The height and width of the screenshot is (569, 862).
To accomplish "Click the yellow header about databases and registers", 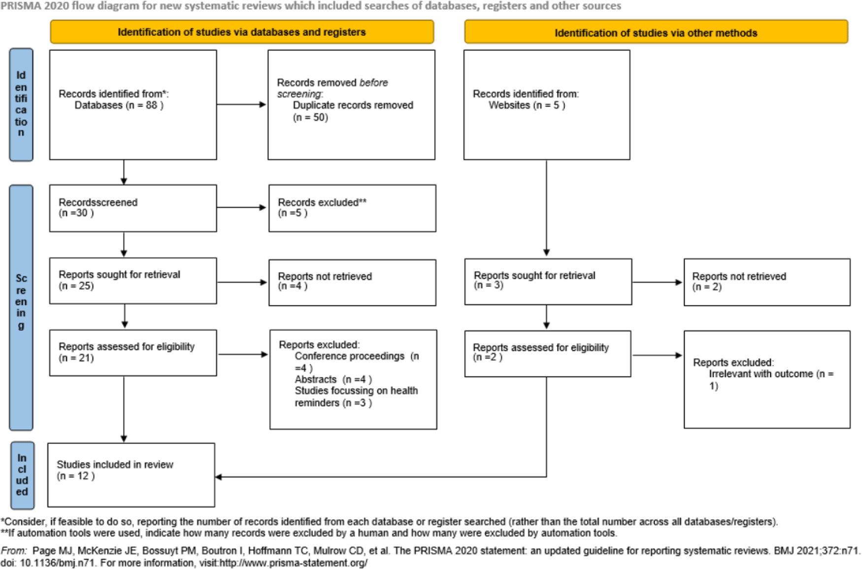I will tap(241, 32).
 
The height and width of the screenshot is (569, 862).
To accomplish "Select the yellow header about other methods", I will tap(656, 33).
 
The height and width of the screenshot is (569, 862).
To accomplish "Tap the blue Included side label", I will tap(22, 475).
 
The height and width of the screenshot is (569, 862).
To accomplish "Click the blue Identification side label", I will tap(21, 104).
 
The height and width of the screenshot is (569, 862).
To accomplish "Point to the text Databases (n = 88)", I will tap(119, 105).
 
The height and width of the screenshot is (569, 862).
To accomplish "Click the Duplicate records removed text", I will tap(353, 105).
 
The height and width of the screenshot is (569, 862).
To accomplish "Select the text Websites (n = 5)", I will tap(527, 105).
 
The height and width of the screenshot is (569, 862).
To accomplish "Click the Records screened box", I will tap(133, 208).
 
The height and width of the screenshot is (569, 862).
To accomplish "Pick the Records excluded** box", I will tap(352, 208).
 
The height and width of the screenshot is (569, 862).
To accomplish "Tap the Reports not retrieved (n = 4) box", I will tap(352, 282).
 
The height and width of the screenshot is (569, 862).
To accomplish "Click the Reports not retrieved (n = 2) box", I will tap(766, 282).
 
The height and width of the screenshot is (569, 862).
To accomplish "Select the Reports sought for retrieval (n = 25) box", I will tap(133, 281).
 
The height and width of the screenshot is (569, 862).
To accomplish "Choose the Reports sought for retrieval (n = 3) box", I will tap(548, 281).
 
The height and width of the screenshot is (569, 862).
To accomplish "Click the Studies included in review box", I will tap(131, 475).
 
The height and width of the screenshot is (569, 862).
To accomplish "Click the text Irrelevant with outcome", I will tap(761, 374).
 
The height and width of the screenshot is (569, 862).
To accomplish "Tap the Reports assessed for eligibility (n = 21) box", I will tap(133, 353).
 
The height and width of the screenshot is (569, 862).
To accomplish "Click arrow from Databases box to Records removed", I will tap(241, 104).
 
